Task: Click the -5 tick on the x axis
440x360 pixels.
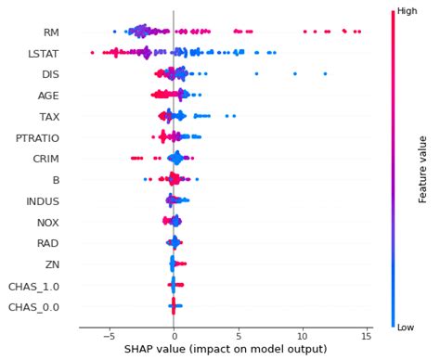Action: (109, 335)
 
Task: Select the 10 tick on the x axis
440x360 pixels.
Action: (303, 335)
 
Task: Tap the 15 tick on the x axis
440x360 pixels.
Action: (367, 335)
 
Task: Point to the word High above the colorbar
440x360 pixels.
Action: (405, 11)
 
